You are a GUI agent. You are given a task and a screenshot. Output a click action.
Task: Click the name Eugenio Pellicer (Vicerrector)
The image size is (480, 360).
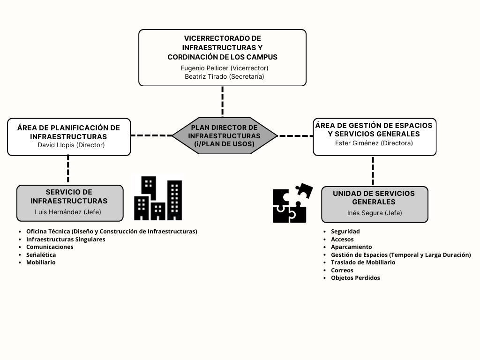(x=225, y=68)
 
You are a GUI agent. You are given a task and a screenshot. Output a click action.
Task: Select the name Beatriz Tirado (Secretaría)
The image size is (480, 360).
(x=225, y=76)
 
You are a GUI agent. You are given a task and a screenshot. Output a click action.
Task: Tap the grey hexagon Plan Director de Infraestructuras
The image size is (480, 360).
(x=225, y=135)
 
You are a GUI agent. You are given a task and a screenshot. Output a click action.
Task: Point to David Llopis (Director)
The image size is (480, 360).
(x=71, y=145)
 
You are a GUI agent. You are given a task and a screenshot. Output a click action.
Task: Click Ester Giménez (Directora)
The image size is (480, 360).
(x=374, y=143)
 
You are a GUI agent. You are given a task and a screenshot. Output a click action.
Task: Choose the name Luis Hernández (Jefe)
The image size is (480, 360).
(x=68, y=212)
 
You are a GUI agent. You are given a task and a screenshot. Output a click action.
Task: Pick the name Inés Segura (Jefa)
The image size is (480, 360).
(x=375, y=213)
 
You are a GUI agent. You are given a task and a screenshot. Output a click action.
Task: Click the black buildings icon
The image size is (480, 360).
(x=158, y=198)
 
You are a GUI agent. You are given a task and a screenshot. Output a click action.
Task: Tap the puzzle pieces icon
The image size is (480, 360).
(x=292, y=202)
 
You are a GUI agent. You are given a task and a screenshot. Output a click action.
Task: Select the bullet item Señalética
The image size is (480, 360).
(x=41, y=255)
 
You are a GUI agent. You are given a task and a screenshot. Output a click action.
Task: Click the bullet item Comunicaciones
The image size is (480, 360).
(x=50, y=247)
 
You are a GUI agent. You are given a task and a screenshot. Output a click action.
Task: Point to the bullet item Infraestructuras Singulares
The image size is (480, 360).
(x=66, y=240)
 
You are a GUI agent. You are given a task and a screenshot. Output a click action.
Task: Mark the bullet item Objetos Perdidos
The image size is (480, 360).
(x=355, y=278)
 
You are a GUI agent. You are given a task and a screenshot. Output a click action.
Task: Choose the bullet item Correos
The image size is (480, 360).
(x=342, y=270)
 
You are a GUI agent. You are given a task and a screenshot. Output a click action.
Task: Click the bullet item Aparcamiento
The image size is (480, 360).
(x=352, y=247)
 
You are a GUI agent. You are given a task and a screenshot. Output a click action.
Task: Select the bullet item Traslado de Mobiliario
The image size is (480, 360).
(x=363, y=262)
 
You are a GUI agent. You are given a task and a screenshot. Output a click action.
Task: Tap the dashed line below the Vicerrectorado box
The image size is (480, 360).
(x=223, y=102)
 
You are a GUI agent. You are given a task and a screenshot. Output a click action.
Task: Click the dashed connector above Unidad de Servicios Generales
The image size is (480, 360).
(x=373, y=171)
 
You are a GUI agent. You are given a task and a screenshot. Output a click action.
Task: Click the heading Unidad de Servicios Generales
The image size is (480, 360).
(x=374, y=198)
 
